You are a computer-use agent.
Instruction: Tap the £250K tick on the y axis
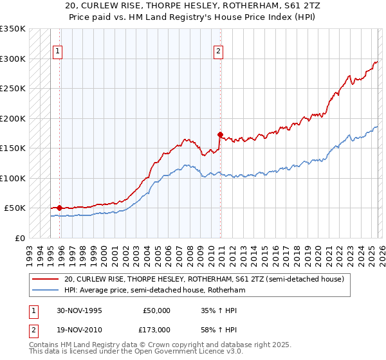click(13, 89)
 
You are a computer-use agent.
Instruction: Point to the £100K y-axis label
click(13, 178)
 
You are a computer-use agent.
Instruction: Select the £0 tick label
click(19, 238)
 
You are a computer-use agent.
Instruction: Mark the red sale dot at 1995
click(60, 208)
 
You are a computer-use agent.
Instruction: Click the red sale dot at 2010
click(220, 135)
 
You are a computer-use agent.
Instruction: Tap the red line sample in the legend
click(45, 280)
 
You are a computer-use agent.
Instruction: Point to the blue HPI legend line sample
click(45, 291)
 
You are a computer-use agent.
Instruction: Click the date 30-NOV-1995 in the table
click(75, 310)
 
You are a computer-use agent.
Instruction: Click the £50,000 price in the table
click(156, 310)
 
